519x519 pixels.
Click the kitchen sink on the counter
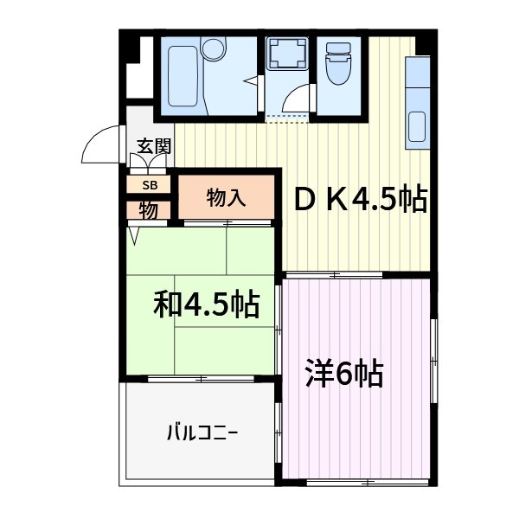click(416, 126)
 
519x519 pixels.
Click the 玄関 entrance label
click(152, 147)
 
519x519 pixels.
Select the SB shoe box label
click(150, 184)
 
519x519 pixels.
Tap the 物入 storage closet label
click(227, 198)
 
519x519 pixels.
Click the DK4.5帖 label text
click(362, 200)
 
